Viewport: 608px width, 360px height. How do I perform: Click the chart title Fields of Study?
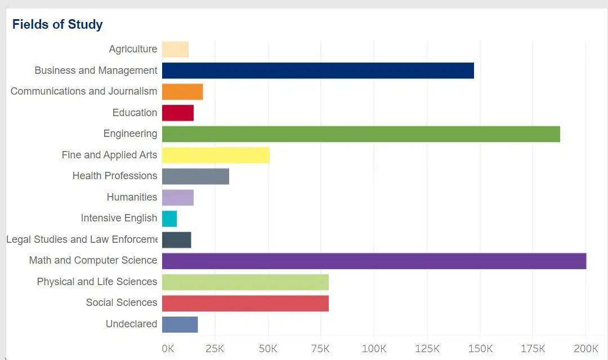[x=57, y=25]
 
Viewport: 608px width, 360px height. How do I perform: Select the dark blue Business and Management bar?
[x=318, y=70]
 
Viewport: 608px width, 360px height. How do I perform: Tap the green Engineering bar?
[x=361, y=134]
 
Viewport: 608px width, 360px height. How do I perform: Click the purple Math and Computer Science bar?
[x=374, y=261]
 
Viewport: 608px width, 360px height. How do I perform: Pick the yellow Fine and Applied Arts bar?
[x=216, y=155]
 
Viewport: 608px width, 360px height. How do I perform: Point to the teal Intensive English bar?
[x=169, y=219]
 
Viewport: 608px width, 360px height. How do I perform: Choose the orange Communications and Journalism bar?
[x=182, y=92]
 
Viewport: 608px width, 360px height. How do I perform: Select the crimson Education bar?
[x=178, y=113]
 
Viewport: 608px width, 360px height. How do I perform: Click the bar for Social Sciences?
[x=245, y=303]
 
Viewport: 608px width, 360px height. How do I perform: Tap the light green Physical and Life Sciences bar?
[x=245, y=282]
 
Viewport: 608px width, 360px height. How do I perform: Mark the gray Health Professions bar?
[x=195, y=176]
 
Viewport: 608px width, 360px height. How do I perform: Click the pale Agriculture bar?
[x=175, y=50]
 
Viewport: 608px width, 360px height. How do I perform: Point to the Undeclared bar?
[x=180, y=325]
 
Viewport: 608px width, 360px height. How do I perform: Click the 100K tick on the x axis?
[x=374, y=349]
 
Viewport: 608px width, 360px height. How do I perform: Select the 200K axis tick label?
[x=585, y=349]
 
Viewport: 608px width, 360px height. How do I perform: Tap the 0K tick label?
[x=168, y=349]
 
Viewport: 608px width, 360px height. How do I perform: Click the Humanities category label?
[x=132, y=197]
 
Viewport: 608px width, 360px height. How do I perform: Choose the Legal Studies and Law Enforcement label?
[x=82, y=239]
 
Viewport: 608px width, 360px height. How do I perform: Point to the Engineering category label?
[x=130, y=134]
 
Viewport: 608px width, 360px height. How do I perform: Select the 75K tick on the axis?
[x=321, y=349]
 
